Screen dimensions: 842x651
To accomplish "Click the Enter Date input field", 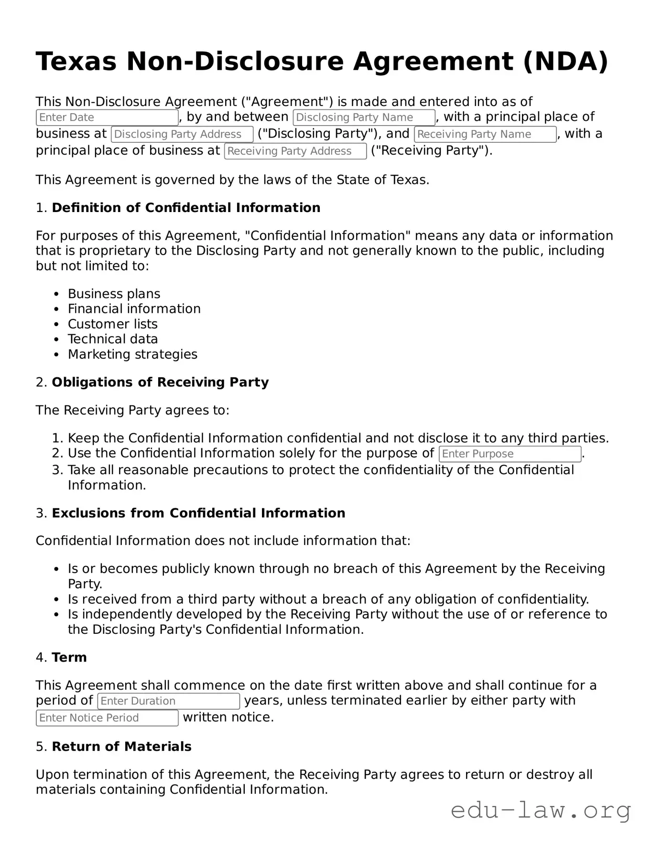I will pos(107,117).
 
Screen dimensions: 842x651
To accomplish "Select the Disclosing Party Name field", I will pos(364,117).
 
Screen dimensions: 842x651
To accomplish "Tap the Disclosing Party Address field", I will pos(182,134).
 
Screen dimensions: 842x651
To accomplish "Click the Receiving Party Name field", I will pos(485,134).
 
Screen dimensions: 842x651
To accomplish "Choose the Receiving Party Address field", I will pos(295,151).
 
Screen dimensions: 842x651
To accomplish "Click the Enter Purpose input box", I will pos(510,454).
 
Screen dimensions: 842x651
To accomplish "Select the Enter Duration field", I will pos(169,701).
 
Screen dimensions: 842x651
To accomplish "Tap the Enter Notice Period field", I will pos(107,718).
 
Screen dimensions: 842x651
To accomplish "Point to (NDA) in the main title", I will pos(565,62).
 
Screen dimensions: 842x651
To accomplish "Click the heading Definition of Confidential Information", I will pos(186,208).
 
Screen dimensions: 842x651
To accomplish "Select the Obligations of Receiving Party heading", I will pos(160,382).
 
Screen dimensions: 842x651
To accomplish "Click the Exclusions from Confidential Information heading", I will pos(198,513).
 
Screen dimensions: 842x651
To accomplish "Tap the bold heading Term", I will pos(69,657).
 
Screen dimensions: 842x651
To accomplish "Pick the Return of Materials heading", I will pos(121,746).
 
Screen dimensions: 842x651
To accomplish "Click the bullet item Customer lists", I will pos(112,324).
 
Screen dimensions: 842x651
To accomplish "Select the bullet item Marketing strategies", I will pos(132,354).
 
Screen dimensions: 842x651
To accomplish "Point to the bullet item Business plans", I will pos(114,294).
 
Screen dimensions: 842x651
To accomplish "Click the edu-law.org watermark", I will pos(541,810).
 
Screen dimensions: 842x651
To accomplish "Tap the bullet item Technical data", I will pos(112,339).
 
